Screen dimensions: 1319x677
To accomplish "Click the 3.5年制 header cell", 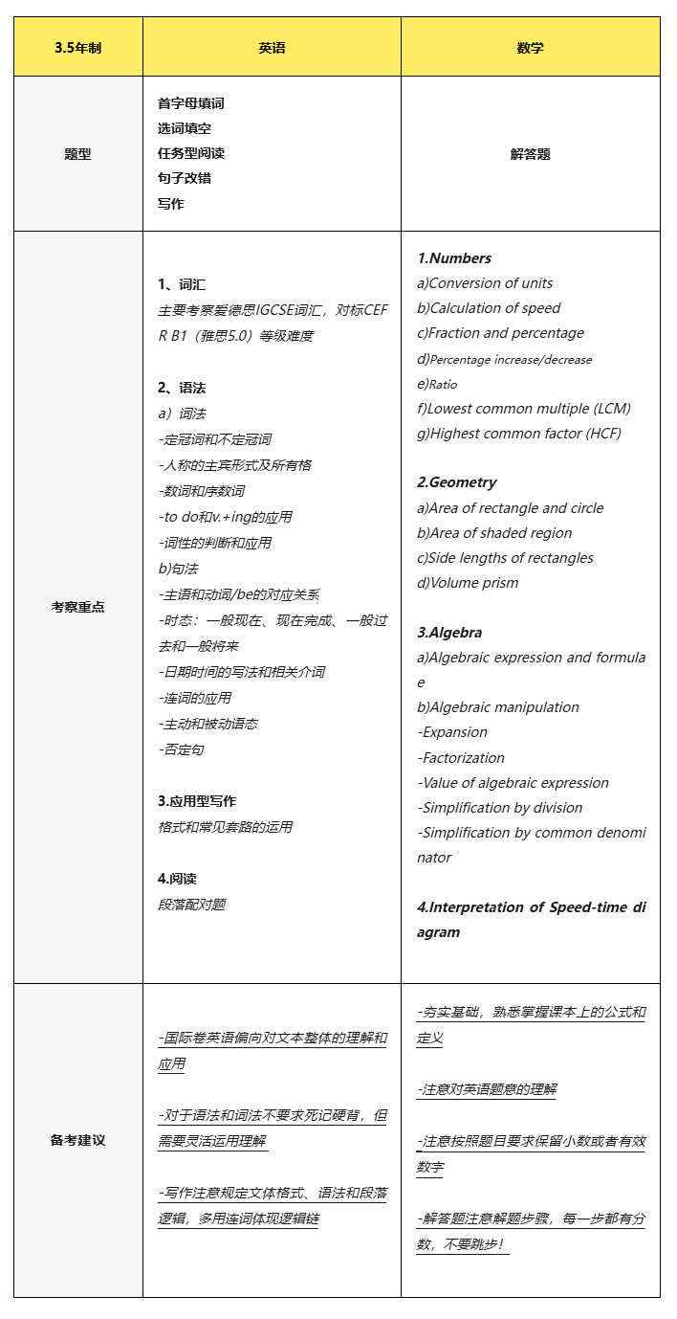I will tap(77, 48).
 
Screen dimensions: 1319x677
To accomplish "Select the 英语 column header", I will tap(272, 48).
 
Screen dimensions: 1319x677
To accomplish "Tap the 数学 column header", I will tap(530, 48).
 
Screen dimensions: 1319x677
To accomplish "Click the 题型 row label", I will tap(77, 154).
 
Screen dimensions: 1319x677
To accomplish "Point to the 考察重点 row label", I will tap(77, 607).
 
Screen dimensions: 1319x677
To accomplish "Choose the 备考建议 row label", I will tap(77, 1140).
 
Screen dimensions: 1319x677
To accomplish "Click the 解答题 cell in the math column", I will tap(530, 154).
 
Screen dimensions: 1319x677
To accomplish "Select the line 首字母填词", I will tap(191, 103).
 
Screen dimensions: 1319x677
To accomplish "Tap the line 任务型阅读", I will tap(191, 153).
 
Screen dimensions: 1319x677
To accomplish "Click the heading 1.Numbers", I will tap(454, 258).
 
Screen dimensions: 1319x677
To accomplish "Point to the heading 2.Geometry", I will tap(457, 482).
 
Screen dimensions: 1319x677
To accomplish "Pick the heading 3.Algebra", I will tap(449, 633).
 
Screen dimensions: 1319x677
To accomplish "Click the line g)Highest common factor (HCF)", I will tap(519, 434).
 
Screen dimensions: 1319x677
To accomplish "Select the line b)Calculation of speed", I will tap(489, 308).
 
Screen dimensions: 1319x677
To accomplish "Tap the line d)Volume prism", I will tap(468, 583).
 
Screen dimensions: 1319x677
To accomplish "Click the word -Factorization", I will tap(455, 757).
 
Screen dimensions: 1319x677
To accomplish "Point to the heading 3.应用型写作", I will tap(197, 801).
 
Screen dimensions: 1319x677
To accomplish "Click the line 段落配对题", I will tap(192, 904).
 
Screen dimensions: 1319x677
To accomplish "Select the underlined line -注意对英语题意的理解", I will tap(487, 1089).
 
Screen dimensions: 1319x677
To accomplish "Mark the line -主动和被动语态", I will tap(207, 724).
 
